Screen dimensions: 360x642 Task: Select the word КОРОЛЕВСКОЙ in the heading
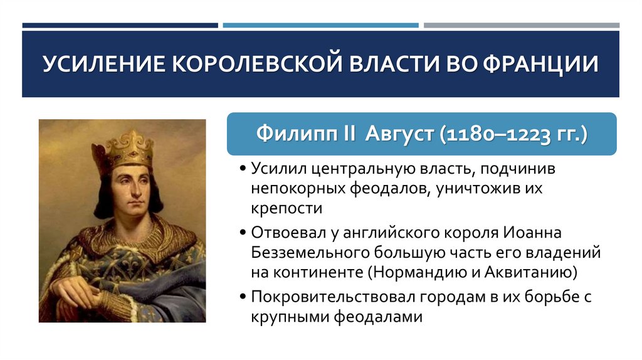click(x=252, y=65)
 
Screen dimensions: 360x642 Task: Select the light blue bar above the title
click(x=320, y=26)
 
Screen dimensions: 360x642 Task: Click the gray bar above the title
click(x=521, y=26)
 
